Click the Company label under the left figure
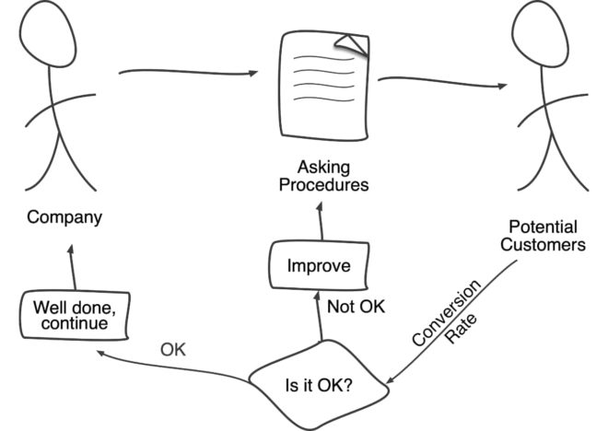(x=64, y=218)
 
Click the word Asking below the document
(x=320, y=168)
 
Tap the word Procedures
(x=320, y=185)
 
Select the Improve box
(x=319, y=266)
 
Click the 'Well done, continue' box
(x=75, y=314)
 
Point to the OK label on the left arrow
(x=173, y=349)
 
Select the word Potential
(x=544, y=227)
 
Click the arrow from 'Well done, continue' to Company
(x=70, y=267)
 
